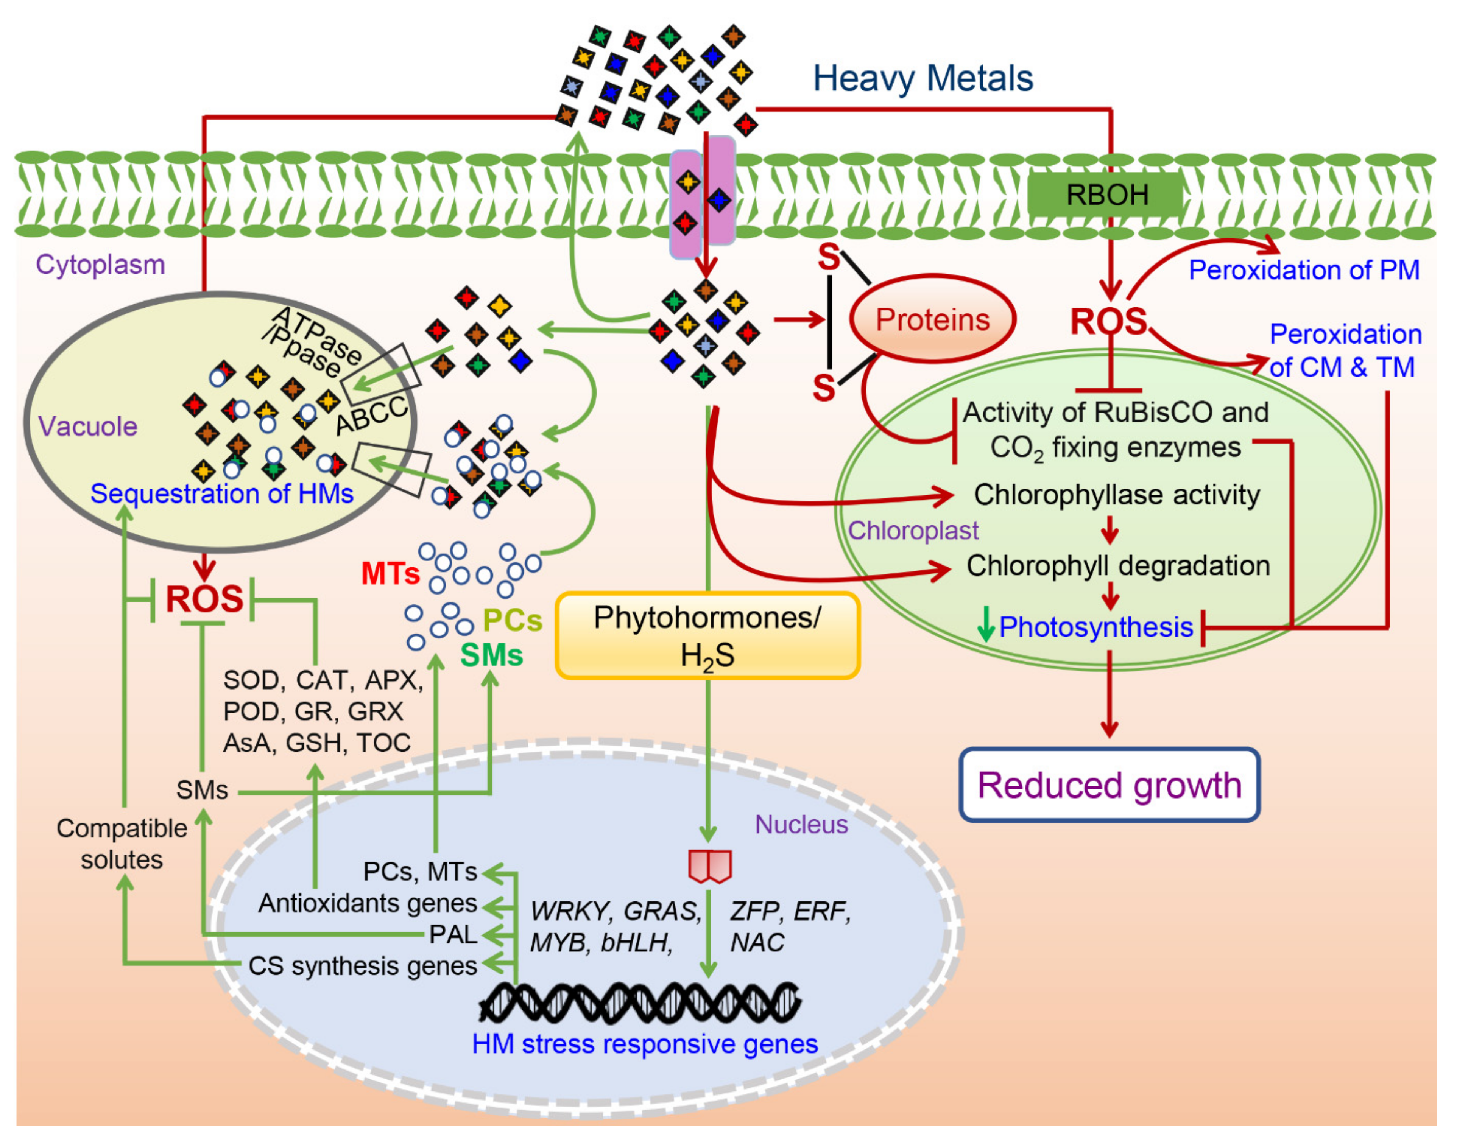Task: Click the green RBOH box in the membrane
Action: pyautogui.click(x=1106, y=195)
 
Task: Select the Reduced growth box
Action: pyautogui.click(x=1109, y=785)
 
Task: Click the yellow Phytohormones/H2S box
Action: pyautogui.click(x=707, y=636)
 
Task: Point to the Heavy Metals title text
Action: pyautogui.click(x=923, y=78)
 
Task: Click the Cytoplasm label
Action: pyautogui.click(x=100, y=265)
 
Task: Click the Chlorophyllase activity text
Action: pyautogui.click(x=1116, y=495)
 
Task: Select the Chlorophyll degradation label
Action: pyautogui.click(x=1117, y=566)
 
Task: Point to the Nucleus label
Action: pyautogui.click(x=801, y=824)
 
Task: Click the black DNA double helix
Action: pyautogui.click(x=640, y=1002)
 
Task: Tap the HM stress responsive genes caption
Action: pyautogui.click(x=645, y=1044)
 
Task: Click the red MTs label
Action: pyautogui.click(x=390, y=573)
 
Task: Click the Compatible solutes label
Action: pyautogui.click(x=122, y=844)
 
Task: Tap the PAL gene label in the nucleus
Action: pyautogui.click(x=453, y=934)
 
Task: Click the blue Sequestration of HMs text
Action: pyautogui.click(x=222, y=493)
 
